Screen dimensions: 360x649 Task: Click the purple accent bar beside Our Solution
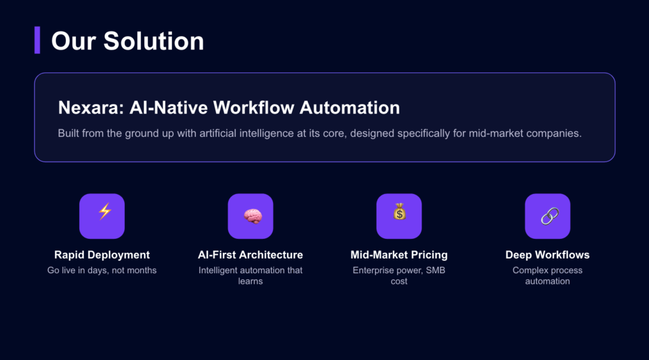pyautogui.click(x=37, y=41)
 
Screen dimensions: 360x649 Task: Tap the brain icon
pyautogui.click(x=250, y=215)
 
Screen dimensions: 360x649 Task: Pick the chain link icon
pyautogui.click(x=548, y=215)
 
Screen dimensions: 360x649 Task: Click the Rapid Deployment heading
pyautogui.click(x=102, y=255)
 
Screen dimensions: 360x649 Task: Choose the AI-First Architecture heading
pyautogui.click(x=250, y=255)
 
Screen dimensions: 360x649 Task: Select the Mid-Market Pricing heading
pyautogui.click(x=399, y=255)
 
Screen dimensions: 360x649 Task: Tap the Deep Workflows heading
pyautogui.click(x=548, y=255)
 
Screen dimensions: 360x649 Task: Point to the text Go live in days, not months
pyautogui.click(x=102, y=271)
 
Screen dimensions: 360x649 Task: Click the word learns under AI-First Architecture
pyautogui.click(x=250, y=281)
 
